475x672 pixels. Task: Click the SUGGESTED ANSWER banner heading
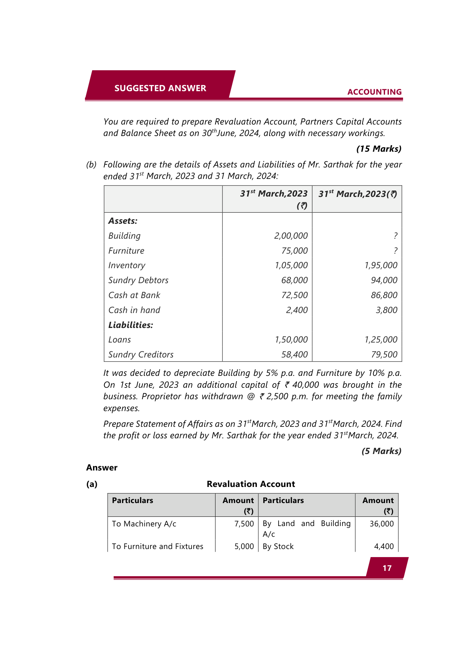pos(160,88)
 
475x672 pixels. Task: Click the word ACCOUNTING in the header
pos(374,92)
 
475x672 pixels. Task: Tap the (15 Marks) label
pos(379,149)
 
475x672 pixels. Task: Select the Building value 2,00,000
pos(291,236)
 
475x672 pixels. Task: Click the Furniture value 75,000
pos(294,251)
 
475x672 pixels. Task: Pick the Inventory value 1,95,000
pos(380,266)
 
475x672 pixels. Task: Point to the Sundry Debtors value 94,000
pos(384,280)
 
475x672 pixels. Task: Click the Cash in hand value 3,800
pos(386,310)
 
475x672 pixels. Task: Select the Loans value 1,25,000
pos(380,340)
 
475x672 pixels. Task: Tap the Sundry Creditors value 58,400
pos(294,355)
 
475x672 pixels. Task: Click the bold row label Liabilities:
pos(131,325)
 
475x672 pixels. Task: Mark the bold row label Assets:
pos(122,221)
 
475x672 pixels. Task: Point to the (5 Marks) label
pos(381,451)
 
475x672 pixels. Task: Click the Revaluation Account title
pos(251,484)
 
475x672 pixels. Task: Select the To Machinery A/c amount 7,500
pos(244,524)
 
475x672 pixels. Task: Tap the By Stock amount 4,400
pos(384,546)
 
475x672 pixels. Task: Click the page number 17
pos(387,568)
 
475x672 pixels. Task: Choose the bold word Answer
pos(102,467)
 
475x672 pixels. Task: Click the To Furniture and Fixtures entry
pos(157,546)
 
